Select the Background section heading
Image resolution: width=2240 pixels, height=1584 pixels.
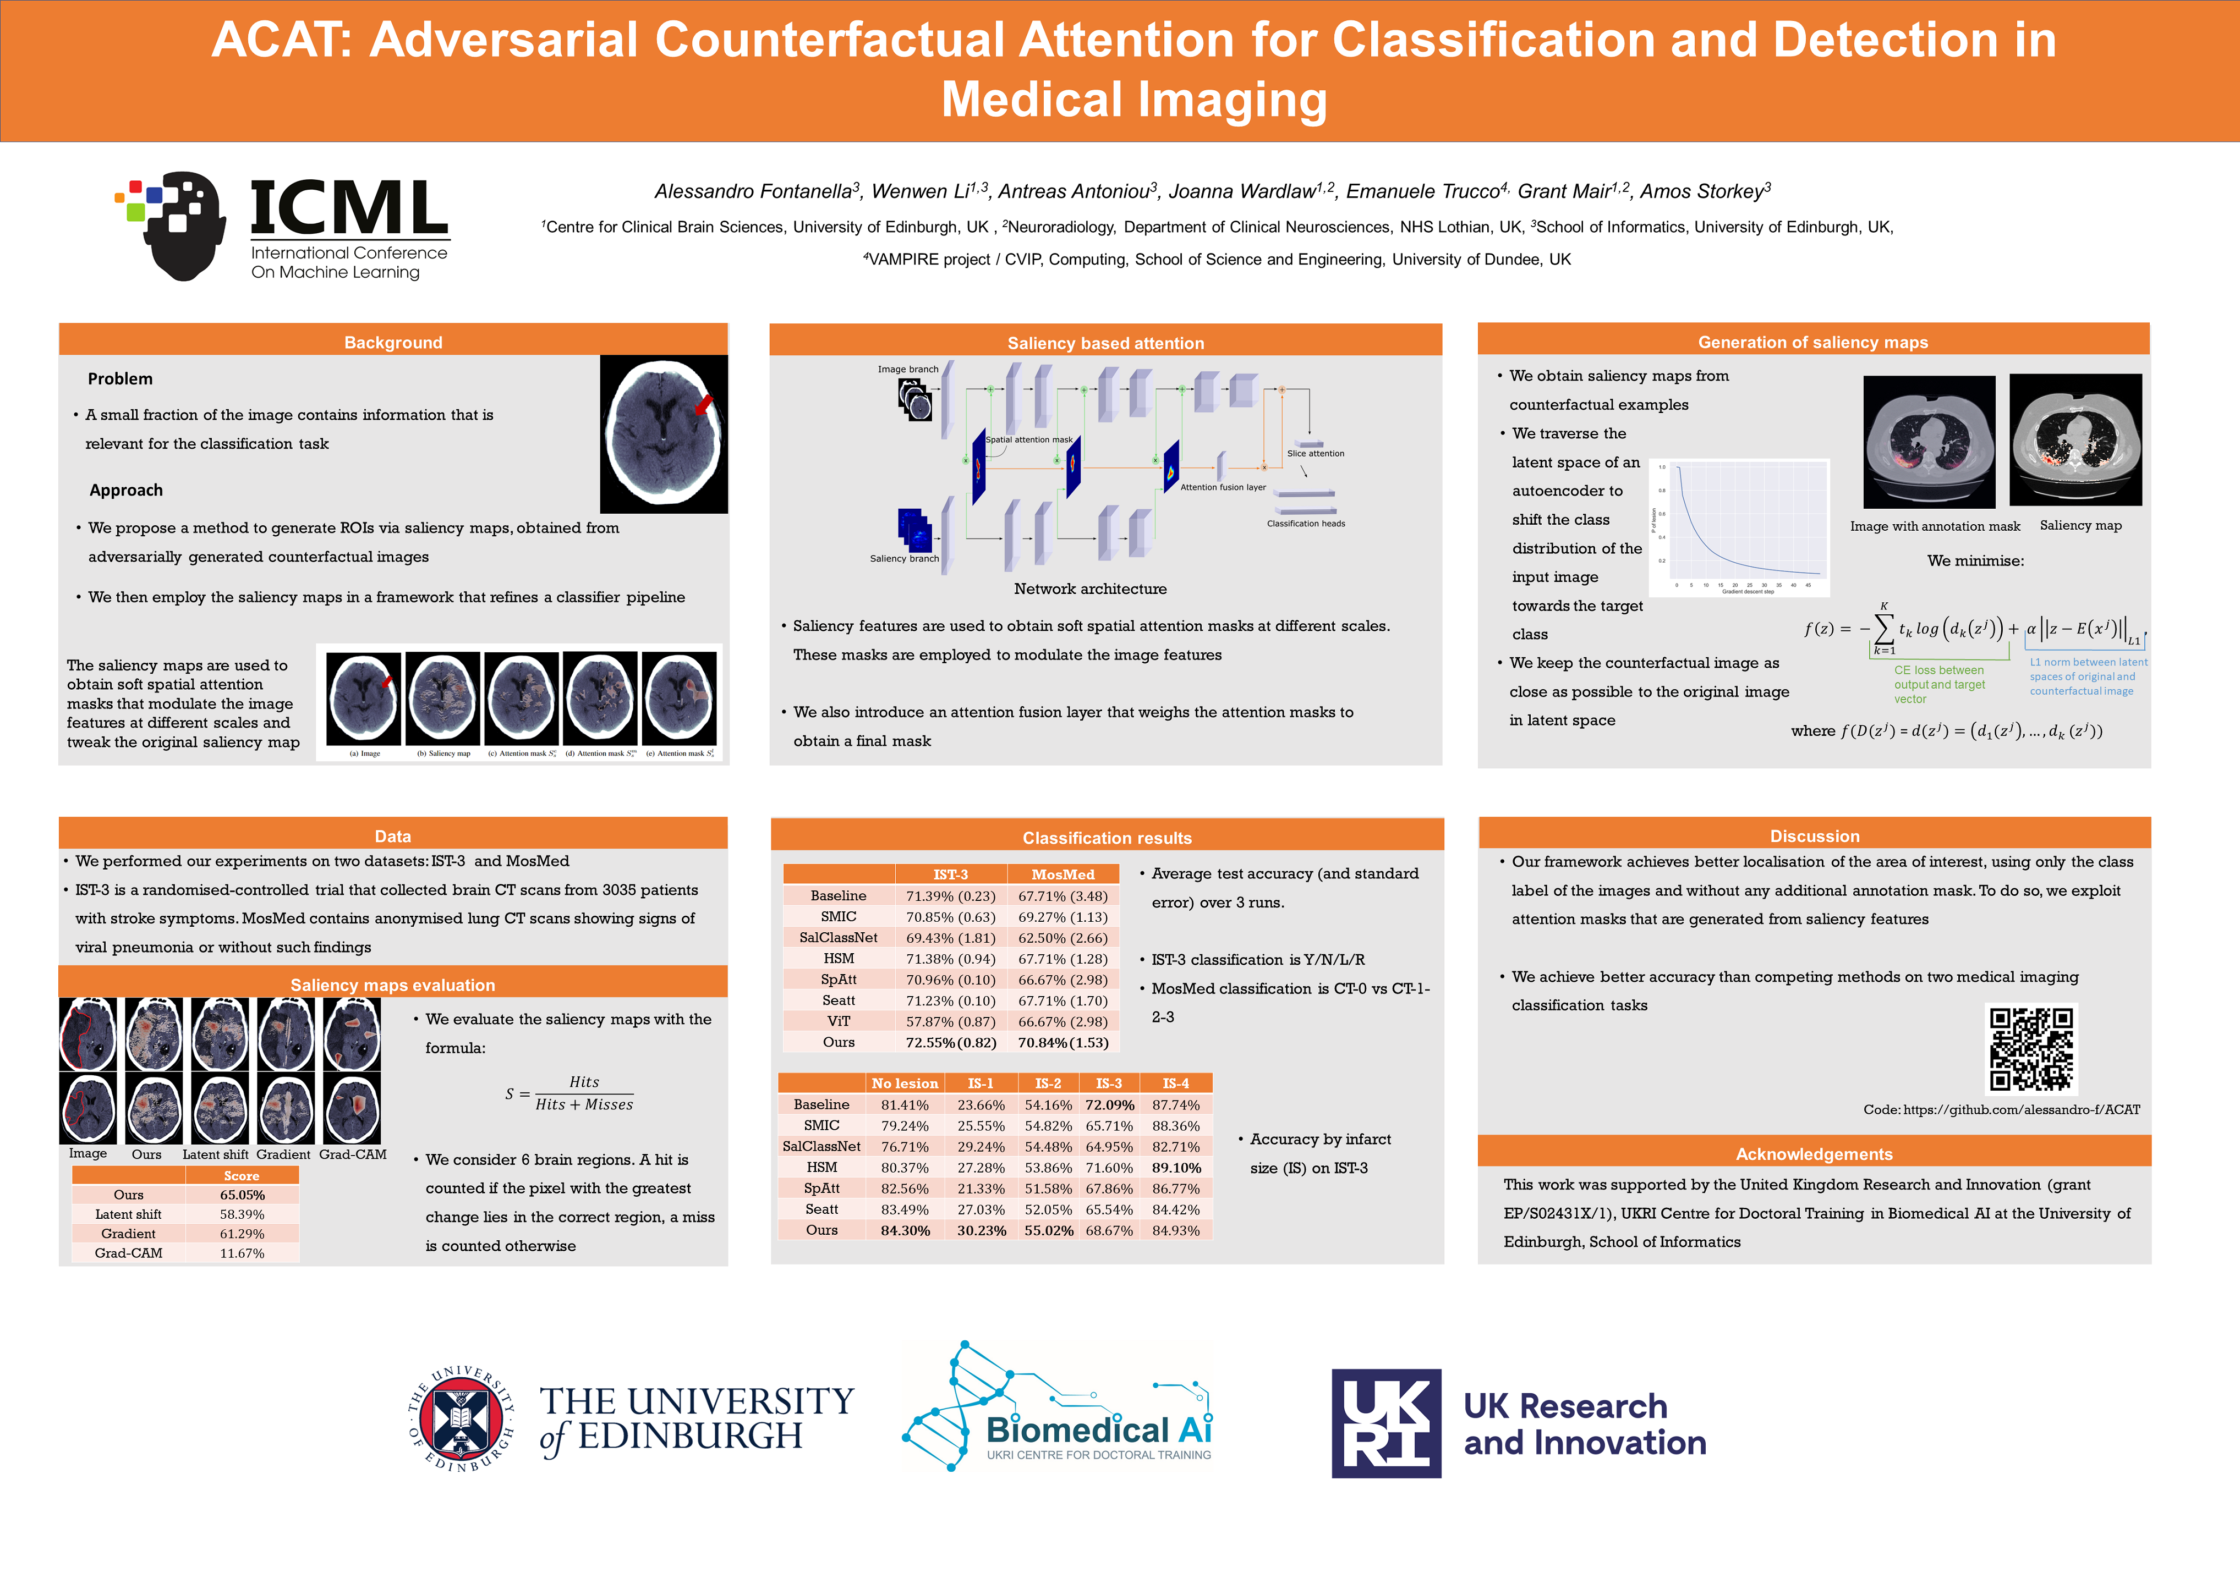pos(393,342)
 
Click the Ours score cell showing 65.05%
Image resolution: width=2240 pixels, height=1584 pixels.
pos(242,1195)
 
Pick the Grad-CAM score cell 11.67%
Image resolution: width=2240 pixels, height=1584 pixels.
pos(242,1253)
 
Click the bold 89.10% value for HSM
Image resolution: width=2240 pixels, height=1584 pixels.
pos(1176,1168)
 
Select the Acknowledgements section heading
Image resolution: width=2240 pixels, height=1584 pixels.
pos(1814,1154)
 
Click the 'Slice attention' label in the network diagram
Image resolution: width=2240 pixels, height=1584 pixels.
pos(1315,454)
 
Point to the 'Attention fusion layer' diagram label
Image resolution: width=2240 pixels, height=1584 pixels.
pos(1223,488)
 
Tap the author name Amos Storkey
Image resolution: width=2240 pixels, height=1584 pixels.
pos(1705,191)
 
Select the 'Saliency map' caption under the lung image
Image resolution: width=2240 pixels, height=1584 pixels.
pos(2080,526)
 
